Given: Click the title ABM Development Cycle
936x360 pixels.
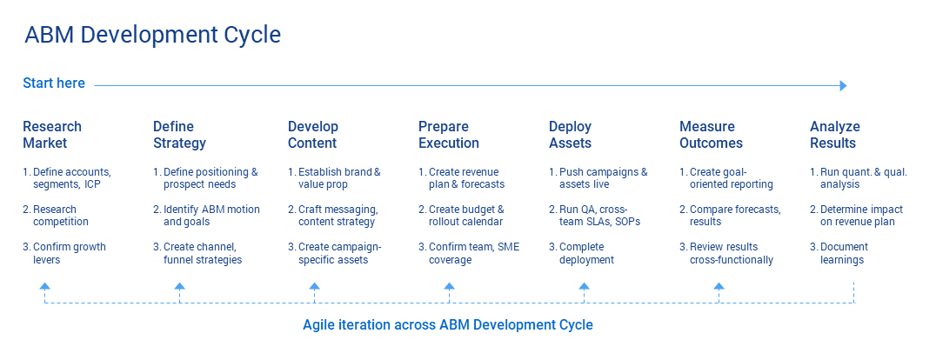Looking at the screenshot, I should (x=153, y=36).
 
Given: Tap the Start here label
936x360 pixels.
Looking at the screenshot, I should (x=54, y=83).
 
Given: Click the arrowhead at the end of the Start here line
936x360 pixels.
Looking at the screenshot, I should (x=842, y=85).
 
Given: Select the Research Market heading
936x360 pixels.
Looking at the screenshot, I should (x=52, y=135).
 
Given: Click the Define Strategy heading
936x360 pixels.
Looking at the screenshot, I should (x=179, y=135).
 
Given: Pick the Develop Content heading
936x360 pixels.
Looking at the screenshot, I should (x=313, y=135).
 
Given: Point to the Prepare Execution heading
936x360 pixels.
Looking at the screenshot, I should (x=449, y=135).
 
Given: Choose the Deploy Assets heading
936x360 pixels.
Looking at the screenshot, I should (x=570, y=135).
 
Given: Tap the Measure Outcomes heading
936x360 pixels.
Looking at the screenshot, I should (x=711, y=135).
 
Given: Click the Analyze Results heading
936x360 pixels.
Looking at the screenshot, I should (x=832, y=135).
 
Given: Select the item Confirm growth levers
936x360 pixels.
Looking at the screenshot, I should (x=64, y=253).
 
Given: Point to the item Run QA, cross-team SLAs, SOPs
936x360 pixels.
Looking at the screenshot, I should (x=598, y=216).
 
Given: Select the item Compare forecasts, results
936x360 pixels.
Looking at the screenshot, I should (x=730, y=216).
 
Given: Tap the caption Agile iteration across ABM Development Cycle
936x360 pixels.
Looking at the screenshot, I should (x=447, y=325).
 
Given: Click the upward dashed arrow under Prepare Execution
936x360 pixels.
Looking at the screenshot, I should (x=449, y=286).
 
